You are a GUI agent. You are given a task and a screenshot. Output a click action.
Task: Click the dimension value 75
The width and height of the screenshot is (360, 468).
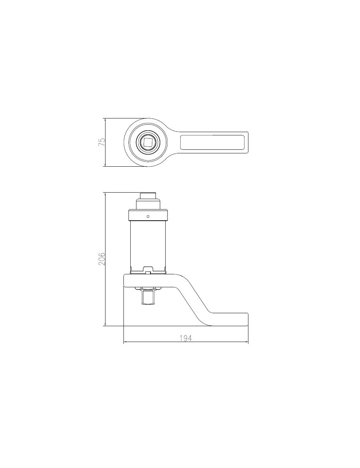click(102, 142)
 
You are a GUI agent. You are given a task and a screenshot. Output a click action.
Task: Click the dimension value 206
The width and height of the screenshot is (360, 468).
click(102, 258)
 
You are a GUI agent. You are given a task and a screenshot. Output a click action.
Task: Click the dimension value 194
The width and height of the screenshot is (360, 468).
click(185, 338)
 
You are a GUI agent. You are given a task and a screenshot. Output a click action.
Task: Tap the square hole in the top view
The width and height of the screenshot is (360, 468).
click(148, 142)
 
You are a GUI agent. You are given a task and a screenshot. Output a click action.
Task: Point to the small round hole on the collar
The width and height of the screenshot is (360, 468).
click(148, 216)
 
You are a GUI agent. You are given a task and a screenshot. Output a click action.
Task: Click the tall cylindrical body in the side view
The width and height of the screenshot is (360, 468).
click(148, 245)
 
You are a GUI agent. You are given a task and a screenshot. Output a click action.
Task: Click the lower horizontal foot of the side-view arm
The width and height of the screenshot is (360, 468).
click(230, 319)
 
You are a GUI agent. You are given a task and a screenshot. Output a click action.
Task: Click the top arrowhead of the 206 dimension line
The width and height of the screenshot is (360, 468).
click(105, 194)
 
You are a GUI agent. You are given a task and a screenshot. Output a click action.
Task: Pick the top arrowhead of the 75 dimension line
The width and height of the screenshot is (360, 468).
click(105, 119)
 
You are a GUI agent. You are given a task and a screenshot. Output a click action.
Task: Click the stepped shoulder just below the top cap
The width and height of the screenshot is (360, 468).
click(148, 204)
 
